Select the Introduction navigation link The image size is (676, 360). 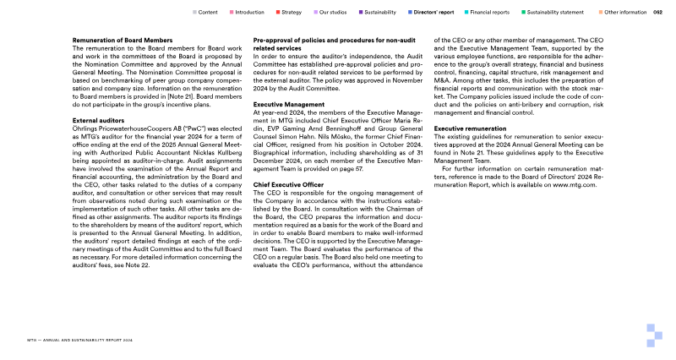click(x=249, y=13)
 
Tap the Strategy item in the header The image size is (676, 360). click(x=291, y=13)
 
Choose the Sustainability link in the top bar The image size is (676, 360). click(x=382, y=13)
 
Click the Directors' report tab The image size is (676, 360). click(x=435, y=13)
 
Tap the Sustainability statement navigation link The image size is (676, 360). click(x=557, y=13)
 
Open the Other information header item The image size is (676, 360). click(x=625, y=13)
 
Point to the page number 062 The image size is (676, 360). click(x=657, y=13)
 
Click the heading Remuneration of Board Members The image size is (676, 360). click(x=123, y=41)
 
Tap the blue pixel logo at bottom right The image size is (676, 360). click(x=656, y=335)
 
